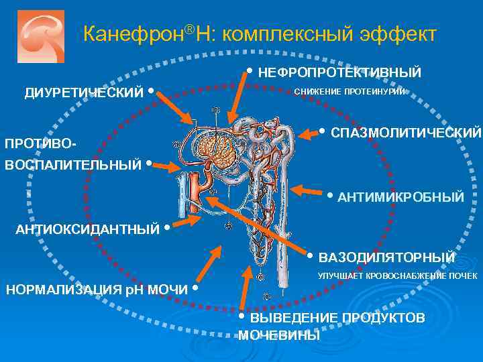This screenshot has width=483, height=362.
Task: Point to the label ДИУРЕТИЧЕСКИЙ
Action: click(84, 93)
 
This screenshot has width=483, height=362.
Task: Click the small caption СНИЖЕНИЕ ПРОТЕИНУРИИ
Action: click(350, 92)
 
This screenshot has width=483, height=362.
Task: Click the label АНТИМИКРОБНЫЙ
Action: click(400, 197)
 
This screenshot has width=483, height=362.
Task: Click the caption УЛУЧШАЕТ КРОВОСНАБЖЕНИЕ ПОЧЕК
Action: click(398, 276)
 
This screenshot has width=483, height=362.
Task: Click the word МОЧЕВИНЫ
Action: click(279, 335)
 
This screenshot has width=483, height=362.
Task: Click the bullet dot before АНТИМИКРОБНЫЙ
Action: click(329, 196)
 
